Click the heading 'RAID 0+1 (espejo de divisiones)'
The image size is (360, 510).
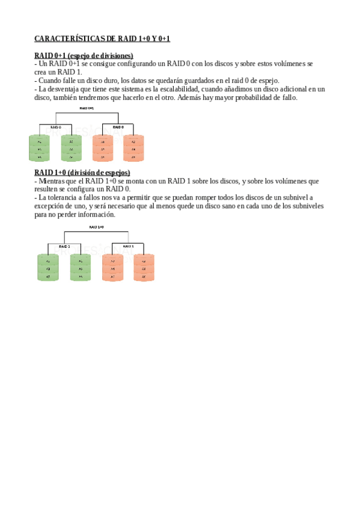click(84, 55)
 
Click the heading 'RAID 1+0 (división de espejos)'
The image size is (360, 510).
click(82, 173)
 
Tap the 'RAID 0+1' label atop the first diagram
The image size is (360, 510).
click(87, 108)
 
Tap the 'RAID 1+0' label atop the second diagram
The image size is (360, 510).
click(96, 227)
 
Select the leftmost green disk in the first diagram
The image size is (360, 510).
click(39, 148)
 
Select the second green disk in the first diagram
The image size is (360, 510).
click(71, 148)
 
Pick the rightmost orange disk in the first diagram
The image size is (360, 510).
click(133, 148)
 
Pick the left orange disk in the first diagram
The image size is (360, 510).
click(103, 148)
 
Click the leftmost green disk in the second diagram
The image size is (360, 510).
click(48, 268)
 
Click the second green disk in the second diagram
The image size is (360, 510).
click(80, 268)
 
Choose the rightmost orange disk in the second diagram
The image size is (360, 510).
click(144, 268)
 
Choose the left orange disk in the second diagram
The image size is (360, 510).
click(112, 268)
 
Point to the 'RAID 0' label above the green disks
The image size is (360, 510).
click(55, 127)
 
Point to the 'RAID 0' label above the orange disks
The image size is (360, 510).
click(118, 127)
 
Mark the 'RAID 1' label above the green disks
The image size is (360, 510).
click(65, 246)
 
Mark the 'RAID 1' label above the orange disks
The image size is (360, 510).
click(127, 246)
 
